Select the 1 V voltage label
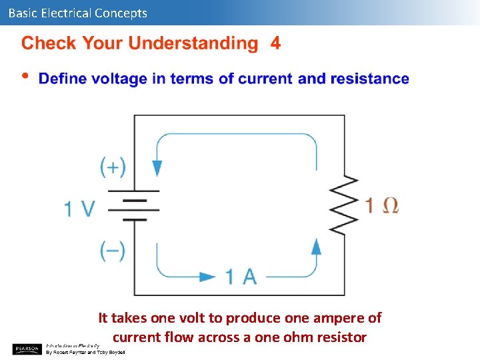pyautogui.click(x=80, y=209)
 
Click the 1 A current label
pyautogui.click(x=241, y=276)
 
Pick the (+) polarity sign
pyautogui.click(x=113, y=167)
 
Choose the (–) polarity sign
pyautogui.click(x=113, y=250)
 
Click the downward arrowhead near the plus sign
pyautogui.click(x=157, y=167)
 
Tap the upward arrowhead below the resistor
pyautogui.click(x=317, y=247)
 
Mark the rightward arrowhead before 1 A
pyautogui.click(x=208, y=276)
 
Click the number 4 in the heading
pyautogui.click(x=275, y=44)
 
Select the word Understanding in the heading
pyautogui.click(x=193, y=44)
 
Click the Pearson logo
pyautogui.click(x=27, y=348)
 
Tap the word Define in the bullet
pyautogui.click(x=63, y=79)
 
